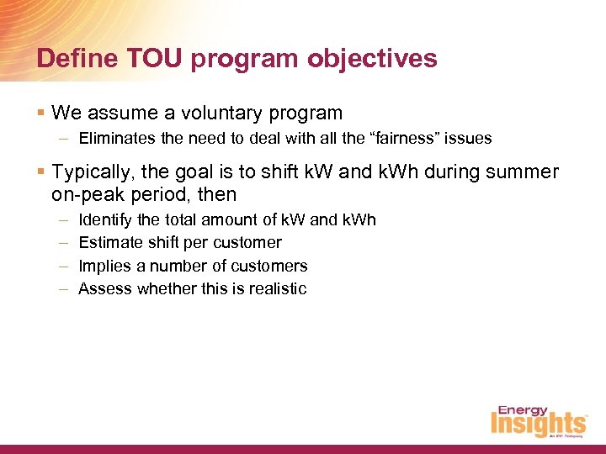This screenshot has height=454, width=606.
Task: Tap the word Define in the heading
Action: point(69,58)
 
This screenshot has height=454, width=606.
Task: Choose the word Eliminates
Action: point(113,138)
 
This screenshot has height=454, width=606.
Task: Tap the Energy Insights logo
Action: point(538,420)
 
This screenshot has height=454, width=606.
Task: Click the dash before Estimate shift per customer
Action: point(64,242)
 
